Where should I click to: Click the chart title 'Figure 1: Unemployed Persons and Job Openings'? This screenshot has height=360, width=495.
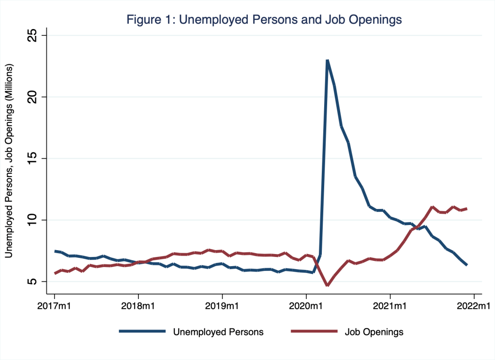click(264, 20)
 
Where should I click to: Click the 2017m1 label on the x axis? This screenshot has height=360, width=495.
click(54, 306)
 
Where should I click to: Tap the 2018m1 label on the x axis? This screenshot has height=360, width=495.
click(138, 306)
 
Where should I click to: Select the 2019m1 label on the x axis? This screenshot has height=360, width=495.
click(222, 306)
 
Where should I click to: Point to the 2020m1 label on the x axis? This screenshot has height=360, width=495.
click(306, 306)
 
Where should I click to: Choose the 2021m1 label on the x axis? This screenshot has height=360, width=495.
click(390, 306)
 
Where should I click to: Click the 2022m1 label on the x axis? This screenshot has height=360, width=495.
click(474, 306)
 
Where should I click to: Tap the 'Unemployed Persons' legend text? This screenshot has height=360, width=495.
click(218, 332)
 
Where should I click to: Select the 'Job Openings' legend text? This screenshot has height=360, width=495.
click(374, 332)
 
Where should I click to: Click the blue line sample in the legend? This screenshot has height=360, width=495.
click(142, 331)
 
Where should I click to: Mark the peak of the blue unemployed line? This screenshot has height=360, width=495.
click(328, 60)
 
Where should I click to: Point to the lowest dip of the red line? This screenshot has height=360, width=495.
click(328, 285)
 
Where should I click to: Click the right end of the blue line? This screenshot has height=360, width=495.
click(467, 265)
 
